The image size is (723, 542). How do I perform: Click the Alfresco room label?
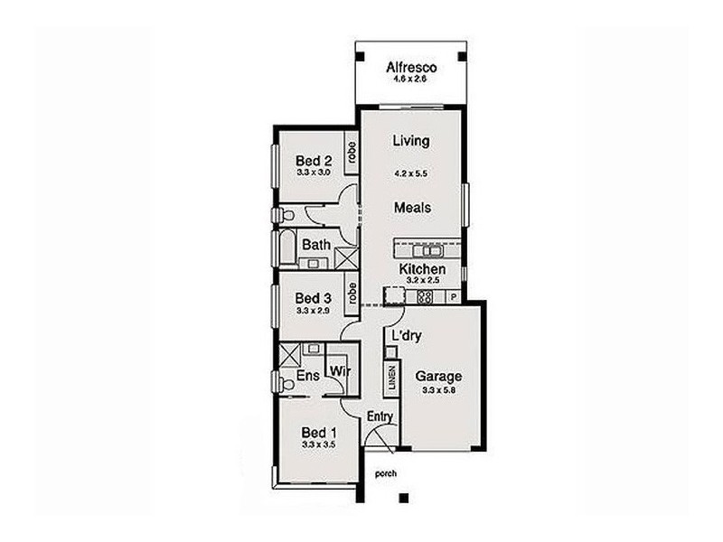[411, 67]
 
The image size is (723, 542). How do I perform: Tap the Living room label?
[411, 141]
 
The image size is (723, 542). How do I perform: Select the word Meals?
[411, 207]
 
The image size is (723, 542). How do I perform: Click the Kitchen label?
[421, 269]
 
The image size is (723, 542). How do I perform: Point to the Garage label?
[438, 377]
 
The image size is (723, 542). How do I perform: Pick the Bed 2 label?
[314, 160]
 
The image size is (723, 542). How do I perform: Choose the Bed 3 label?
[314, 298]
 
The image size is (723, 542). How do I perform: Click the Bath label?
[315, 244]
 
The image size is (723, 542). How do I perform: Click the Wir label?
[340, 370]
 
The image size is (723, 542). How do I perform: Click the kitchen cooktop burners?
[395, 295]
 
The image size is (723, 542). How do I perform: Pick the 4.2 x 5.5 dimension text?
[411, 173]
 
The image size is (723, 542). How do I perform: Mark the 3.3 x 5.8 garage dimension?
[438, 390]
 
